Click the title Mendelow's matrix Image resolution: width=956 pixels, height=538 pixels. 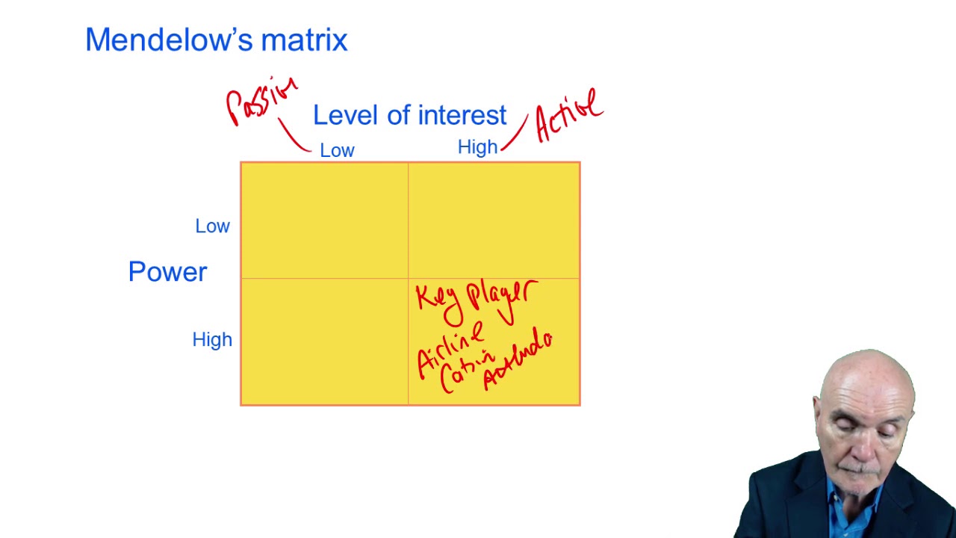point(216,40)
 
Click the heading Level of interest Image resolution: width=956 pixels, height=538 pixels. point(409,115)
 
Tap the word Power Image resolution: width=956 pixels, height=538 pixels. point(167,272)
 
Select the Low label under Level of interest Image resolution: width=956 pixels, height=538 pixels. point(337,150)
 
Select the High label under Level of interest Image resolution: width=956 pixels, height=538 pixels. point(477,147)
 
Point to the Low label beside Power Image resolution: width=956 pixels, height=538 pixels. point(212,226)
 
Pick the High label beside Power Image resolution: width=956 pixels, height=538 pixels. point(212,340)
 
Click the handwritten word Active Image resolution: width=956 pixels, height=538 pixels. point(569,116)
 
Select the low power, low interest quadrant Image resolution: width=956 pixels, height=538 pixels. point(324,220)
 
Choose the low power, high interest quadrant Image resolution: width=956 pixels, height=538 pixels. point(494,220)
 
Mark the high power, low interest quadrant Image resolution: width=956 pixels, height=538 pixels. point(324,341)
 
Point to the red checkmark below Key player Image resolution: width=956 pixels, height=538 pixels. point(506,317)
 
